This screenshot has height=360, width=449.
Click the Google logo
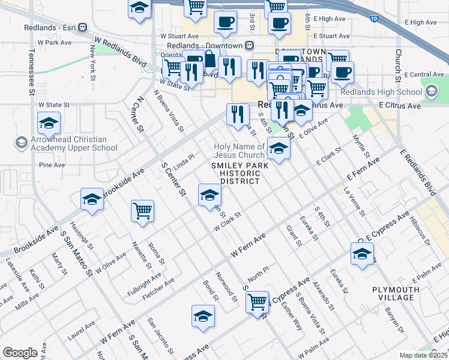tap(20, 353)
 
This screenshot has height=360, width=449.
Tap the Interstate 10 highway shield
tap(375, 19)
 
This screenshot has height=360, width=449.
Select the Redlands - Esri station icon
tap(82, 28)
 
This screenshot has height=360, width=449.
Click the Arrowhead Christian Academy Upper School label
tap(67, 143)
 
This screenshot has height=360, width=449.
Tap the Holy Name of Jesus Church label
tap(240, 151)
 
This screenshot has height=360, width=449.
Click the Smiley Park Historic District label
tap(235, 173)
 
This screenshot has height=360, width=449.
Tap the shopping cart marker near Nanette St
tap(143, 211)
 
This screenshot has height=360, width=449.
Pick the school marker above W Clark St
tap(209, 195)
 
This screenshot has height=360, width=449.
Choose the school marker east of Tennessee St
tap(49, 124)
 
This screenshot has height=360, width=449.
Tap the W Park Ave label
tap(55, 43)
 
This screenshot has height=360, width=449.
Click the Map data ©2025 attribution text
tap(423, 355)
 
